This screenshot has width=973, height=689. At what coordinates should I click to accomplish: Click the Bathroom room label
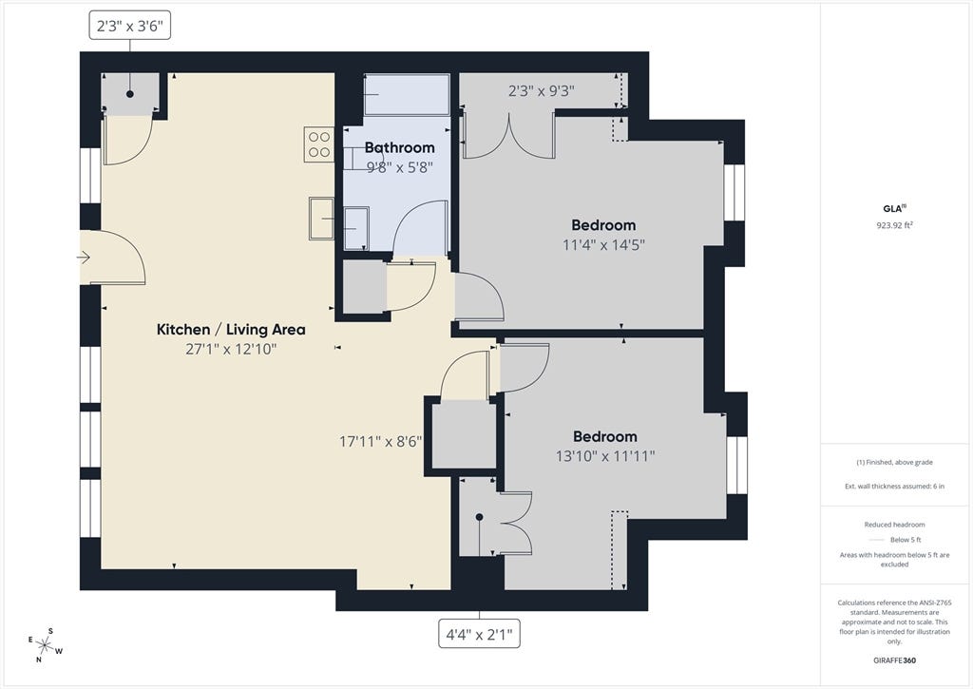[x=399, y=147]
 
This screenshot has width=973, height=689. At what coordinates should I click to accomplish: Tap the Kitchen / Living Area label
[x=231, y=330]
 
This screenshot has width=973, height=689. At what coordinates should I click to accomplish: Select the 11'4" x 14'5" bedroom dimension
[x=603, y=244]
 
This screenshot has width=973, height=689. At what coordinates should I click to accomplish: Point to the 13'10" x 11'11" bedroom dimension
[x=605, y=456]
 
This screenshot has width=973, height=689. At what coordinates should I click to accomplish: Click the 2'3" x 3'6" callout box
[x=129, y=26]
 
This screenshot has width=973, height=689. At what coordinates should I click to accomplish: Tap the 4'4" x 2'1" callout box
[x=479, y=635]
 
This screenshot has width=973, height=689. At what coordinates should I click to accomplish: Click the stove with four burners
[x=319, y=144]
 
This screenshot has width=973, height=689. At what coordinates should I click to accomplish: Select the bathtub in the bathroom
[x=407, y=94]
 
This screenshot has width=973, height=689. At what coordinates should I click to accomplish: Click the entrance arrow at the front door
[x=84, y=257]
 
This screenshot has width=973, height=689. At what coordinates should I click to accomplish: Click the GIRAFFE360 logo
[x=894, y=660]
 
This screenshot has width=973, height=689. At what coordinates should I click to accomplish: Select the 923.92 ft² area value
[x=894, y=225]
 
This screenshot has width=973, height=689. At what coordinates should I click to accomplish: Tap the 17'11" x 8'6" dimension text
[x=380, y=441]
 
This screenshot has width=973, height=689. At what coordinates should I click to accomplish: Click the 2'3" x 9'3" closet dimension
[x=541, y=91]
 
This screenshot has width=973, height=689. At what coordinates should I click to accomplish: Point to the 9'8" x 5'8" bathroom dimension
[x=399, y=167]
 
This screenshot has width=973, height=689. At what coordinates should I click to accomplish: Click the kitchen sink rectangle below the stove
[x=321, y=219]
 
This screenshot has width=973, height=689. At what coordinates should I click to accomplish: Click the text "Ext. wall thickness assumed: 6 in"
[x=894, y=486]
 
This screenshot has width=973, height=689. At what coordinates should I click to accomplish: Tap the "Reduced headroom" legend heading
[x=894, y=525]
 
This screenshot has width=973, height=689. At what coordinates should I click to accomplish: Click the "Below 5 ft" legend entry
[x=894, y=540]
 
